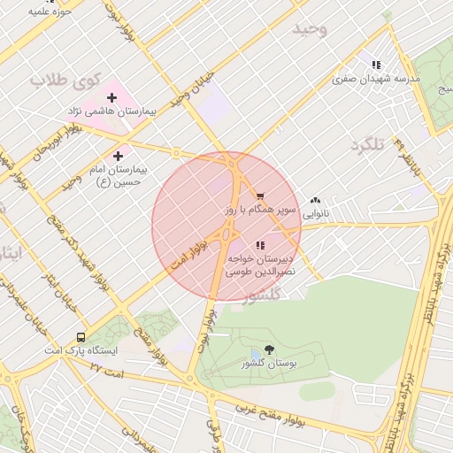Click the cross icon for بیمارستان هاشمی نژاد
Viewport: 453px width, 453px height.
(x=111, y=97)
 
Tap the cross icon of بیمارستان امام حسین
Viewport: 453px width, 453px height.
(x=118, y=155)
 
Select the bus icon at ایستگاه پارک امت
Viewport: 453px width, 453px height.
(x=81, y=337)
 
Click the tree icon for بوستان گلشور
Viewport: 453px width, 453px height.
(x=269, y=350)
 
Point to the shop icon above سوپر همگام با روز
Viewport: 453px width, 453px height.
(x=259, y=196)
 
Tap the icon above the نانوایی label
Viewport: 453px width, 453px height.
(x=315, y=201)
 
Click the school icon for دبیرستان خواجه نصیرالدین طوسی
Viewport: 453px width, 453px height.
(x=259, y=245)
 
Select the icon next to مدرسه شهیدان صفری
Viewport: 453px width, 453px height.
(x=376, y=65)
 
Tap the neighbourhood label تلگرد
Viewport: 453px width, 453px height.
(x=366, y=144)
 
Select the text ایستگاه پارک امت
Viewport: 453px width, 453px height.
(x=81, y=350)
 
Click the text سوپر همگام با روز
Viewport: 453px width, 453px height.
(x=253, y=209)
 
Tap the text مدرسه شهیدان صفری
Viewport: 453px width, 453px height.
(x=376, y=78)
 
